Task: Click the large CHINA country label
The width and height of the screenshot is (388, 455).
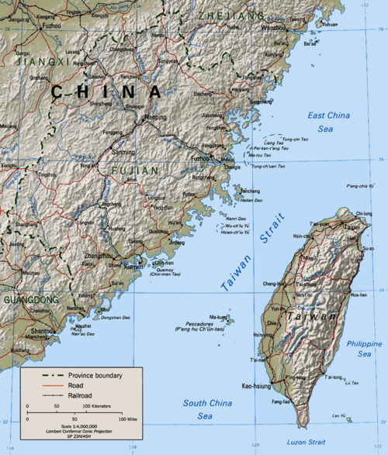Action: coord(106,91)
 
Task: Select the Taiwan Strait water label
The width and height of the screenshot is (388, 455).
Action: coord(247,261)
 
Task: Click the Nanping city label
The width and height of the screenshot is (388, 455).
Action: coord(154,115)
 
